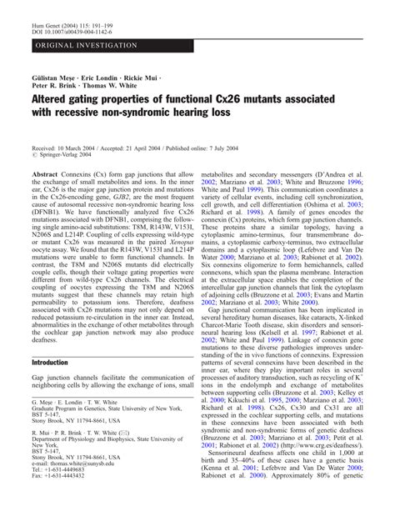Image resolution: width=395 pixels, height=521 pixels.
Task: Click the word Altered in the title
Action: coord(56,102)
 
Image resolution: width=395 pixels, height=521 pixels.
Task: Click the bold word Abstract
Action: coord(44,177)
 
